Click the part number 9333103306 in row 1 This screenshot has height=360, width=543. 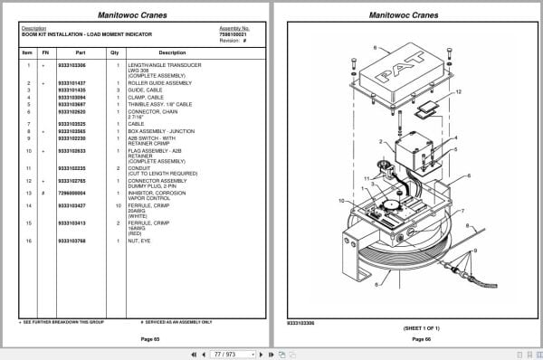[71, 65]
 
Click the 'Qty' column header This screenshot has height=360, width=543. [115, 52]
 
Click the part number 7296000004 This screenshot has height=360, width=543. [71, 193]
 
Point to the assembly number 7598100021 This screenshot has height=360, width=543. [234, 33]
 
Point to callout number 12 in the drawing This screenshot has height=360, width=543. [459, 92]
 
